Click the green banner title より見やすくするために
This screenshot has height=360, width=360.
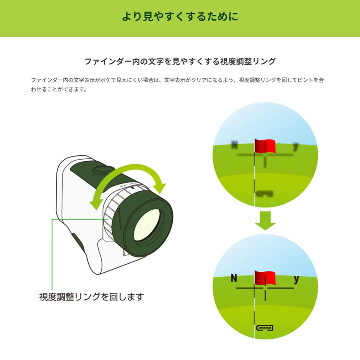point(180,17)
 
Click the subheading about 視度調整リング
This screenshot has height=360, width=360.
point(180,61)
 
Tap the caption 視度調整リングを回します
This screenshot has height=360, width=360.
point(92,297)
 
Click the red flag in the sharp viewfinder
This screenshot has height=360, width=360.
point(265,278)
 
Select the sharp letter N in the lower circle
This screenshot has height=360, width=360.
point(234,278)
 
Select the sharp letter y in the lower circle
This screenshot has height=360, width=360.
point(297,279)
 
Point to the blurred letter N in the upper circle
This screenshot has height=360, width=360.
point(234,145)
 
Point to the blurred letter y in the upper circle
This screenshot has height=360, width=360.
point(296,147)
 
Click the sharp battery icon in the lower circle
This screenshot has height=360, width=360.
point(265,328)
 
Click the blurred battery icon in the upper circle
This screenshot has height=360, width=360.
point(265,194)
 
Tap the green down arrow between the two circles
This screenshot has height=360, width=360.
point(265,220)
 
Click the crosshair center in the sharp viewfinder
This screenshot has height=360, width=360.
point(265,288)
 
